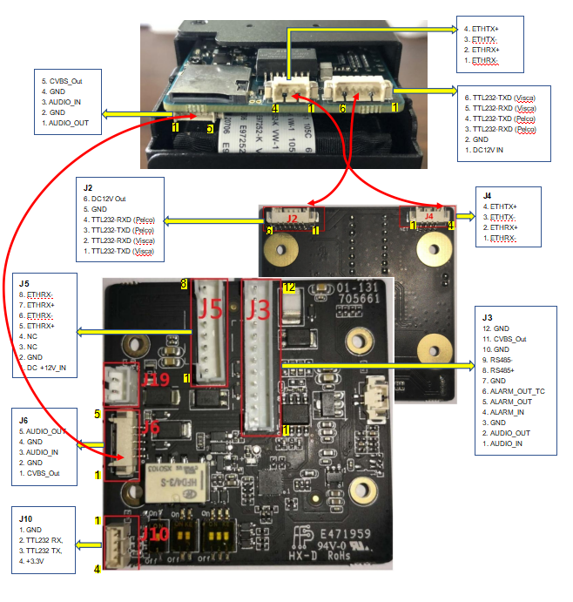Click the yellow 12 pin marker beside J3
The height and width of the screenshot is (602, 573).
point(291,287)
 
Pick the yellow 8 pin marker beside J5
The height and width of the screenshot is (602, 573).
point(184,284)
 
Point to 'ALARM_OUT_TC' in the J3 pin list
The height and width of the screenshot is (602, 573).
point(514,391)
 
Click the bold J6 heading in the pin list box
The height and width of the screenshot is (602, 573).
point(24,420)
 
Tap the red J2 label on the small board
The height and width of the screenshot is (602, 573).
point(293,217)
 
